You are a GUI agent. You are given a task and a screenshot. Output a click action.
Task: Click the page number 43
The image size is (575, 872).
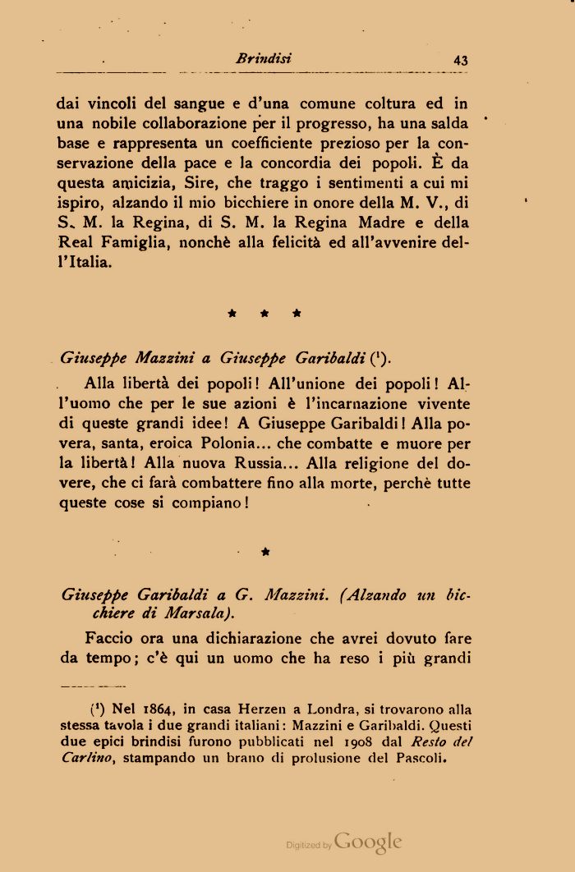coord(460,60)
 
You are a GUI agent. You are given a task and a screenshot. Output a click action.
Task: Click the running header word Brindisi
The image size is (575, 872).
coord(264,59)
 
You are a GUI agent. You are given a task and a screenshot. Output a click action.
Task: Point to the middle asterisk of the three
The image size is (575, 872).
coord(264,313)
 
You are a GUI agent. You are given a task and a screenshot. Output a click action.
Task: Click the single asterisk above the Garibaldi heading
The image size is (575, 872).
coord(264,553)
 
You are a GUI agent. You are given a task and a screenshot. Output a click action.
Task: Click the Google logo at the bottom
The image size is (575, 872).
coord(368,842)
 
